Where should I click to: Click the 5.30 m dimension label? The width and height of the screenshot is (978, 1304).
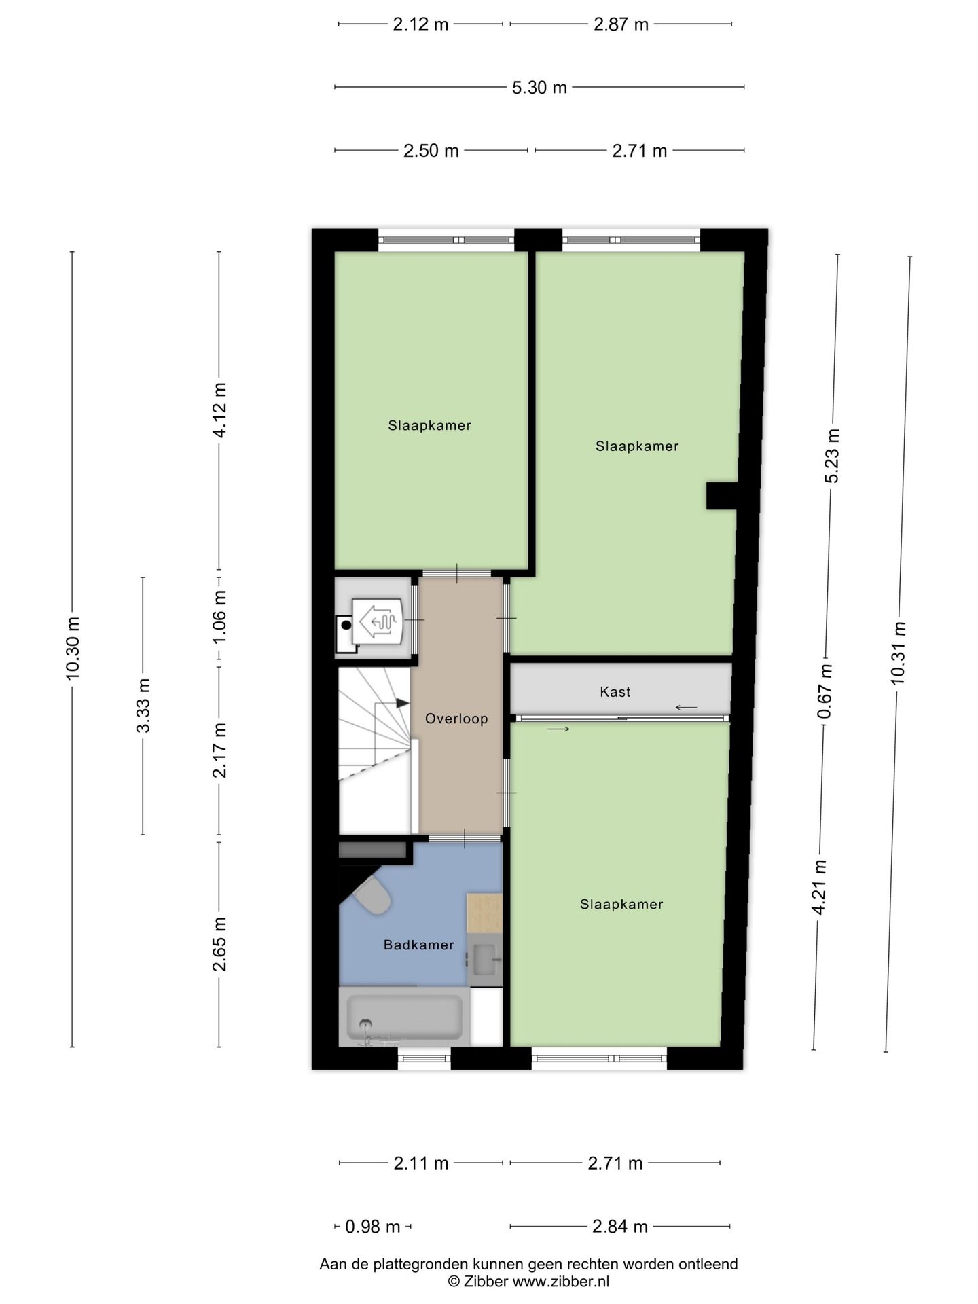pyautogui.click(x=539, y=88)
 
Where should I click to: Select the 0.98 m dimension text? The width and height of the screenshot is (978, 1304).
pyautogui.click(x=373, y=1227)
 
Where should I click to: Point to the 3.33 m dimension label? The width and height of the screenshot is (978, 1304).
pyautogui.click(x=143, y=706)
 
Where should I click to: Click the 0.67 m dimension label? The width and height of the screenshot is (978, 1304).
pyautogui.click(x=825, y=691)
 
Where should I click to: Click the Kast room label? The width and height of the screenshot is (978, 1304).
pyautogui.click(x=615, y=692)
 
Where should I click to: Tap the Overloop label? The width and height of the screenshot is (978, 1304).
pyautogui.click(x=456, y=719)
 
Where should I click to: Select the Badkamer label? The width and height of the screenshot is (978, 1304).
pyautogui.click(x=418, y=945)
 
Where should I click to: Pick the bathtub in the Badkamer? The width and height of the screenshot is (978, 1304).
pyautogui.click(x=404, y=1017)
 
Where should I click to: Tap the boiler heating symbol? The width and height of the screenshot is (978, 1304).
pyautogui.click(x=378, y=620)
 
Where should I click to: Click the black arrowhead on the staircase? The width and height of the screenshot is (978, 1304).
pyautogui.click(x=403, y=703)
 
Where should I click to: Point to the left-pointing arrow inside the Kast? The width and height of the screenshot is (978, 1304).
pyautogui.click(x=686, y=708)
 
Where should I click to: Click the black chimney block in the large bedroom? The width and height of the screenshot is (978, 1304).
pyautogui.click(x=721, y=496)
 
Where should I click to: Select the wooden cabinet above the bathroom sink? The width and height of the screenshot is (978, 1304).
pyautogui.click(x=484, y=913)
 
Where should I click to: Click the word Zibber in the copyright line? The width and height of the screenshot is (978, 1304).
pyautogui.click(x=486, y=1282)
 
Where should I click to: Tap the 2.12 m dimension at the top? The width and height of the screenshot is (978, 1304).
pyautogui.click(x=420, y=24)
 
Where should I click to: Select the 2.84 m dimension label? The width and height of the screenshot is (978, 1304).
pyautogui.click(x=619, y=1227)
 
